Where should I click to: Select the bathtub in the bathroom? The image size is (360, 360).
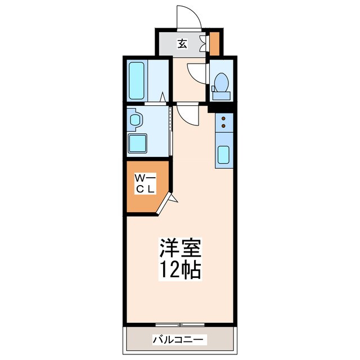click(137, 80)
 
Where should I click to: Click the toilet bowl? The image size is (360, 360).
click(221, 83)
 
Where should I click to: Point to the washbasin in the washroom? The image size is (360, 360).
click(136, 119)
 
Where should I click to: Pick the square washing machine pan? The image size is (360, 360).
click(138, 143)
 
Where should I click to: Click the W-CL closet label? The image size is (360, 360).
click(145, 184)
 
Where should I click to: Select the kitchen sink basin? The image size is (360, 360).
click(223, 154)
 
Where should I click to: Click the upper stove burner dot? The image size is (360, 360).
click(223, 119)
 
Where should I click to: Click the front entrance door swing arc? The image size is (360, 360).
click(190, 17)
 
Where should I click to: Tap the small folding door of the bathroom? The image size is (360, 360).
click(163, 98)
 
